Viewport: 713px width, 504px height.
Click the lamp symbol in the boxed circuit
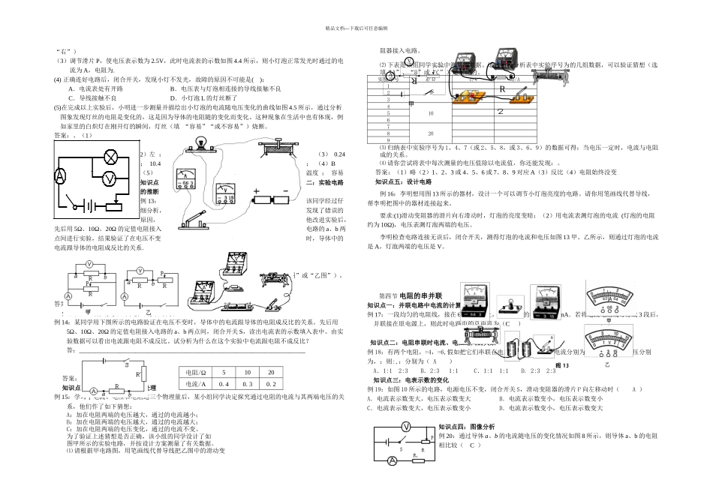click(111, 157)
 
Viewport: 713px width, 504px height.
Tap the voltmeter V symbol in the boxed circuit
click(108, 178)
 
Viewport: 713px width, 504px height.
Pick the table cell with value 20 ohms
click(270, 372)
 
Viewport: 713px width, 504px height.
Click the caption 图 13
click(561, 365)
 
